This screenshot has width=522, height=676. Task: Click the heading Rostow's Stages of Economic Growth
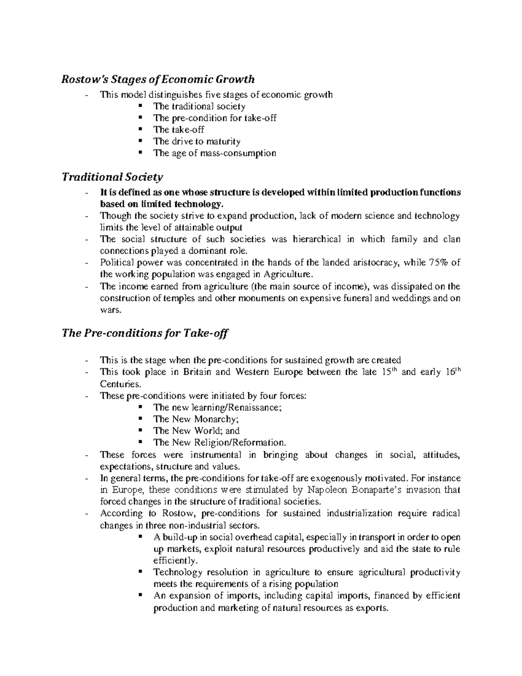tap(158, 79)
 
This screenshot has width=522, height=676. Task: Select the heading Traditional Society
tap(112, 177)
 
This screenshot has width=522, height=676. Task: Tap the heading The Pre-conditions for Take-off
tap(145, 333)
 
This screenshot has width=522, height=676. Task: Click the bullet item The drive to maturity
tap(197, 141)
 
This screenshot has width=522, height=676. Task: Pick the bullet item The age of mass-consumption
tap(214, 153)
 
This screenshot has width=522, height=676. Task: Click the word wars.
tap(108, 310)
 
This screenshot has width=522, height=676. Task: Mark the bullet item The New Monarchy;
tap(196, 419)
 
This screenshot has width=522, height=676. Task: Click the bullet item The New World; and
tap(196, 431)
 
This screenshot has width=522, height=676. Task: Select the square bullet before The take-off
tap(140, 129)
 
